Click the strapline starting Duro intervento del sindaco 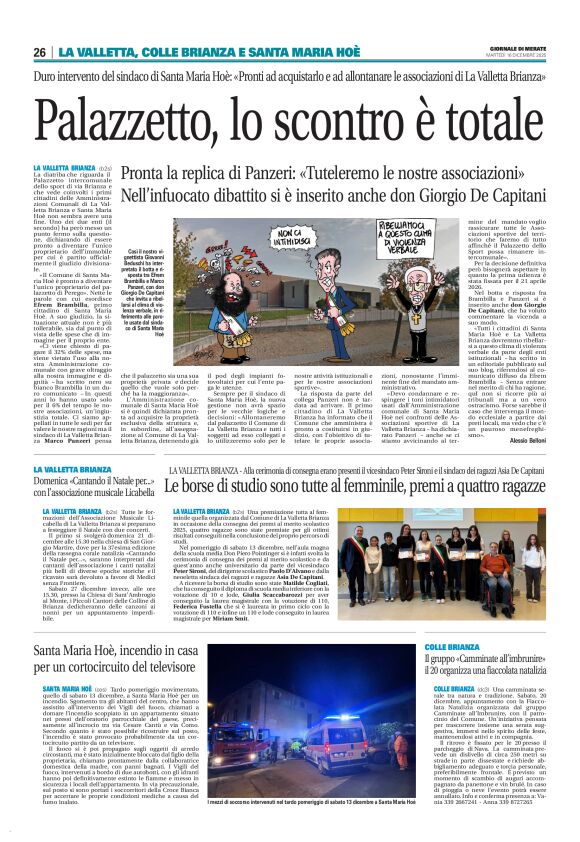pos(290,76)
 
